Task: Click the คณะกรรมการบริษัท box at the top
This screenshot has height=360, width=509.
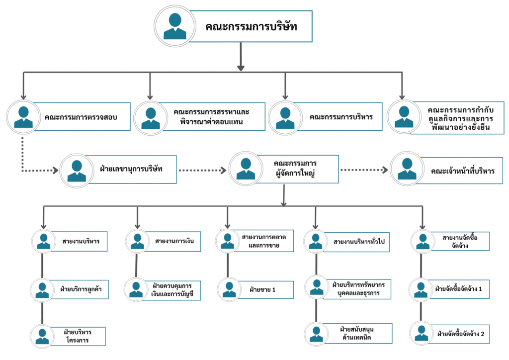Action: (251, 26)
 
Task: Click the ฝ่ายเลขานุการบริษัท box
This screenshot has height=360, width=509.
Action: (134, 169)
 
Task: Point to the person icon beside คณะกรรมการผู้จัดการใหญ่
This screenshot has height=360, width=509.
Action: (246, 169)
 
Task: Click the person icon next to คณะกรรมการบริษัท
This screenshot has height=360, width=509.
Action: (174, 26)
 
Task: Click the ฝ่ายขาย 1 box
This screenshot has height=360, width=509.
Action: (263, 289)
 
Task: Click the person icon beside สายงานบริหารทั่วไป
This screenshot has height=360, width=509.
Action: (316, 241)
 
